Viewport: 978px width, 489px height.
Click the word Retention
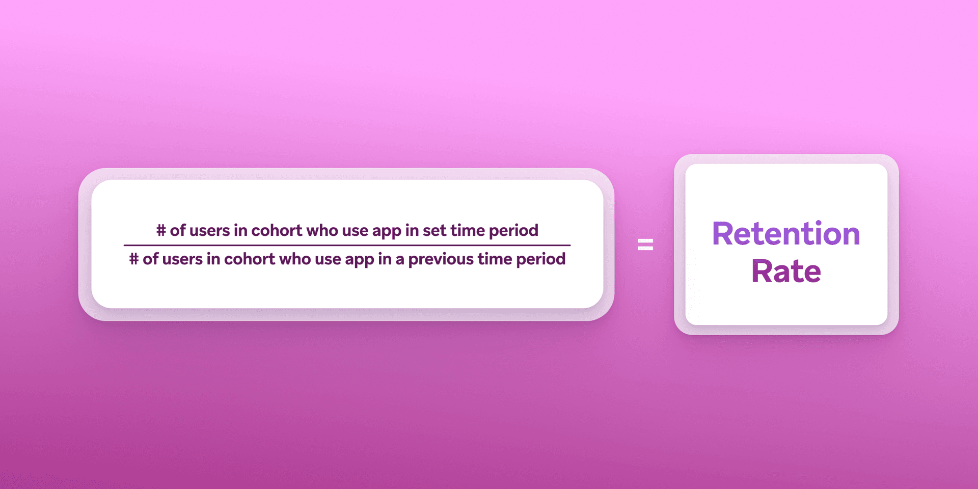(x=786, y=234)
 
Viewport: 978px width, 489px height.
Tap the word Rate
(x=786, y=271)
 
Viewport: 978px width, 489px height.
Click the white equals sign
(x=645, y=245)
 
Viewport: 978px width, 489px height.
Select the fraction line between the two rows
(x=347, y=245)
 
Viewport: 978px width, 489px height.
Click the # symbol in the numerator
(x=161, y=230)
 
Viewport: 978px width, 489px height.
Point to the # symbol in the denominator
(x=134, y=259)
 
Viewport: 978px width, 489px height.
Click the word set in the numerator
(x=434, y=230)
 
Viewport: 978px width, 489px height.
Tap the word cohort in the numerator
(x=277, y=230)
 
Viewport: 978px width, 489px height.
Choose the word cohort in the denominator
(x=250, y=259)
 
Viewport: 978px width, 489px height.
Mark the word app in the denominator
(x=360, y=260)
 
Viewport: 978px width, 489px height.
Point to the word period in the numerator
(x=513, y=231)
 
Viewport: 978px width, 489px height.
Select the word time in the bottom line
(x=495, y=259)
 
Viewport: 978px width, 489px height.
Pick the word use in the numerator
(x=355, y=230)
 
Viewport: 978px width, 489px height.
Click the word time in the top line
(x=468, y=230)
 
